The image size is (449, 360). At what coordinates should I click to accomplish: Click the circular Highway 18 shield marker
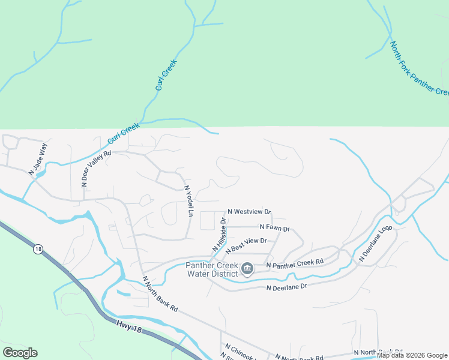(38, 249)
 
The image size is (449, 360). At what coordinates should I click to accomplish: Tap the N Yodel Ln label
(188, 201)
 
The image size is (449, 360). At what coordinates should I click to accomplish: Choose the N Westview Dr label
(249, 212)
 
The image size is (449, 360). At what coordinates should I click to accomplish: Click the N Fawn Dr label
(274, 228)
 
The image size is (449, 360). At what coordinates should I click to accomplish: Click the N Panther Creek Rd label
(294, 263)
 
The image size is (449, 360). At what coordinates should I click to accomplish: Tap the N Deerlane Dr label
(286, 287)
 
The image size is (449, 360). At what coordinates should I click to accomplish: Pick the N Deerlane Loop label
(375, 243)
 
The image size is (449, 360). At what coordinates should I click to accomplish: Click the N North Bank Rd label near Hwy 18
(160, 294)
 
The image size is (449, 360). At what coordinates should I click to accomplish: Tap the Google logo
(20, 353)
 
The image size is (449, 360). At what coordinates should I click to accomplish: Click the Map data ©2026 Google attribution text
(412, 355)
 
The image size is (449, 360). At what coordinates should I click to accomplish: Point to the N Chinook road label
(240, 350)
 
